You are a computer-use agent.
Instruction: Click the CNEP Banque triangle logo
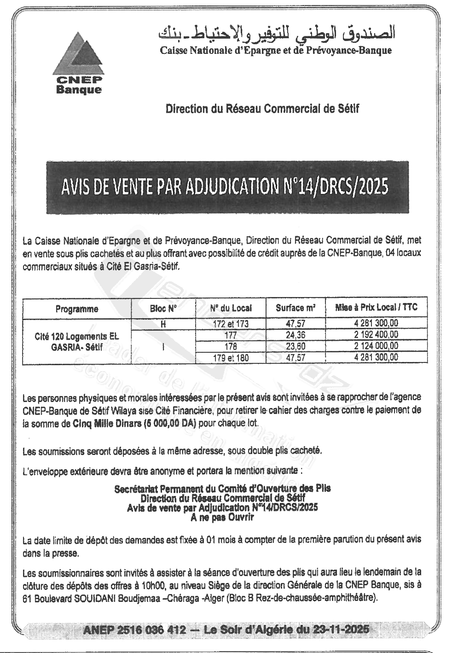[79, 52]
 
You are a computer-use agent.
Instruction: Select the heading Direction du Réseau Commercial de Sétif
[262, 109]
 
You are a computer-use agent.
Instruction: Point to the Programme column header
[77, 309]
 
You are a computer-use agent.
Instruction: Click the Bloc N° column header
[163, 309]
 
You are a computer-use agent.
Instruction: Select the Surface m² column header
[296, 308]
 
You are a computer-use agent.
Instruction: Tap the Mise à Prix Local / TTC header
[377, 307]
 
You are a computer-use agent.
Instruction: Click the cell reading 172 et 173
[231, 324]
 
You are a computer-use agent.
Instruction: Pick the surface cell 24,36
[296, 335]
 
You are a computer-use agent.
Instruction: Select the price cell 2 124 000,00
[377, 346]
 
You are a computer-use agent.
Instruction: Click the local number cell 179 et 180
[231, 357]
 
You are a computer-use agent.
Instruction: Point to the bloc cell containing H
[163, 324]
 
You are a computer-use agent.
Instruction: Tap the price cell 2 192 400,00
[377, 335]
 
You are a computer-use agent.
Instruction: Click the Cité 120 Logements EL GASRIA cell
[77, 341]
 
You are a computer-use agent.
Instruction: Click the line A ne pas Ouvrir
[222, 517]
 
